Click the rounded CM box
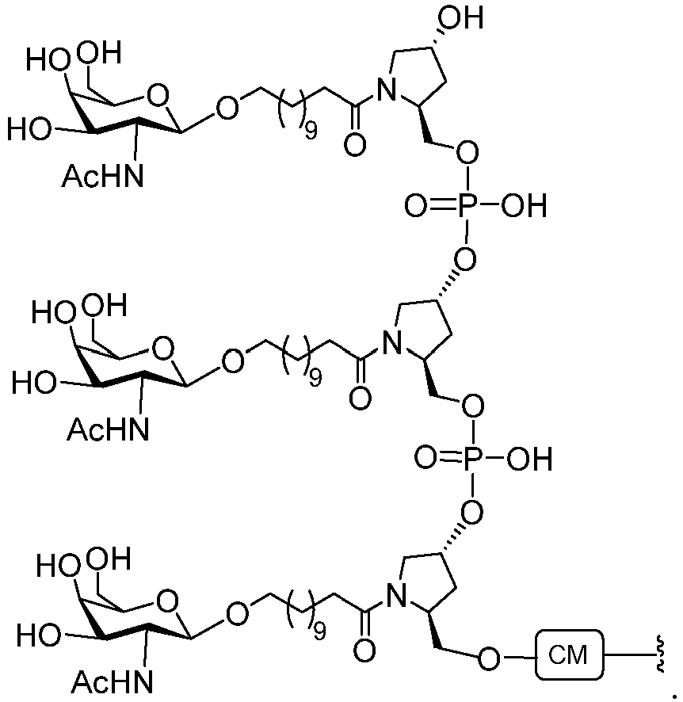point(569,655)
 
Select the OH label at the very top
point(460,18)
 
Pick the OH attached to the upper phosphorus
point(524,206)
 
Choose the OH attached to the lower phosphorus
point(530,459)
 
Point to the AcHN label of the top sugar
point(102,176)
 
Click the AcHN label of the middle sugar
point(108,429)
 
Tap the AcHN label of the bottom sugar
point(113,682)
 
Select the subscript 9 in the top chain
point(311,132)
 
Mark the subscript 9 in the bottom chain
point(319,631)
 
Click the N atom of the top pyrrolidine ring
point(386,90)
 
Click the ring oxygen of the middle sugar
point(164,349)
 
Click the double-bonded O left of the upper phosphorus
point(416,206)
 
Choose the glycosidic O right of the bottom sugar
point(237,613)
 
